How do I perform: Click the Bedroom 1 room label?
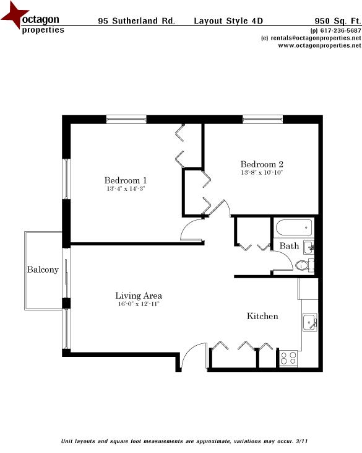click(x=126, y=180)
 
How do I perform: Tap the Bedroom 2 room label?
click(x=262, y=164)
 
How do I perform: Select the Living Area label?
click(x=139, y=296)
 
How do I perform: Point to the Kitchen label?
click(x=262, y=316)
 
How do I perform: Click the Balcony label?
click(x=43, y=270)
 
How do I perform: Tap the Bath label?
click(x=289, y=246)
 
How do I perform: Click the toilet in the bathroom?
click(x=302, y=265)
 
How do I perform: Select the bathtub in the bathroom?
click(x=293, y=227)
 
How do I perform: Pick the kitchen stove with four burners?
click(x=288, y=358)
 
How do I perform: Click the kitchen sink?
click(x=309, y=322)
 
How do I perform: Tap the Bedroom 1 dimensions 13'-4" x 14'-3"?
click(x=126, y=188)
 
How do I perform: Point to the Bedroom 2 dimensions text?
click(x=262, y=172)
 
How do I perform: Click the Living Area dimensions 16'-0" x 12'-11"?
click(x=139, y=304)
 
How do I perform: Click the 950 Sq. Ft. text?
click(x=337, y=20)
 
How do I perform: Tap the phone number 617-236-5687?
click(x=337, y=30)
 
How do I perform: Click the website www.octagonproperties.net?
click(x=315, y=45)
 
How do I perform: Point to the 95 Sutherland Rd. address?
click(x=136, y=20)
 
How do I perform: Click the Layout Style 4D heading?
click(x=228, y=20)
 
